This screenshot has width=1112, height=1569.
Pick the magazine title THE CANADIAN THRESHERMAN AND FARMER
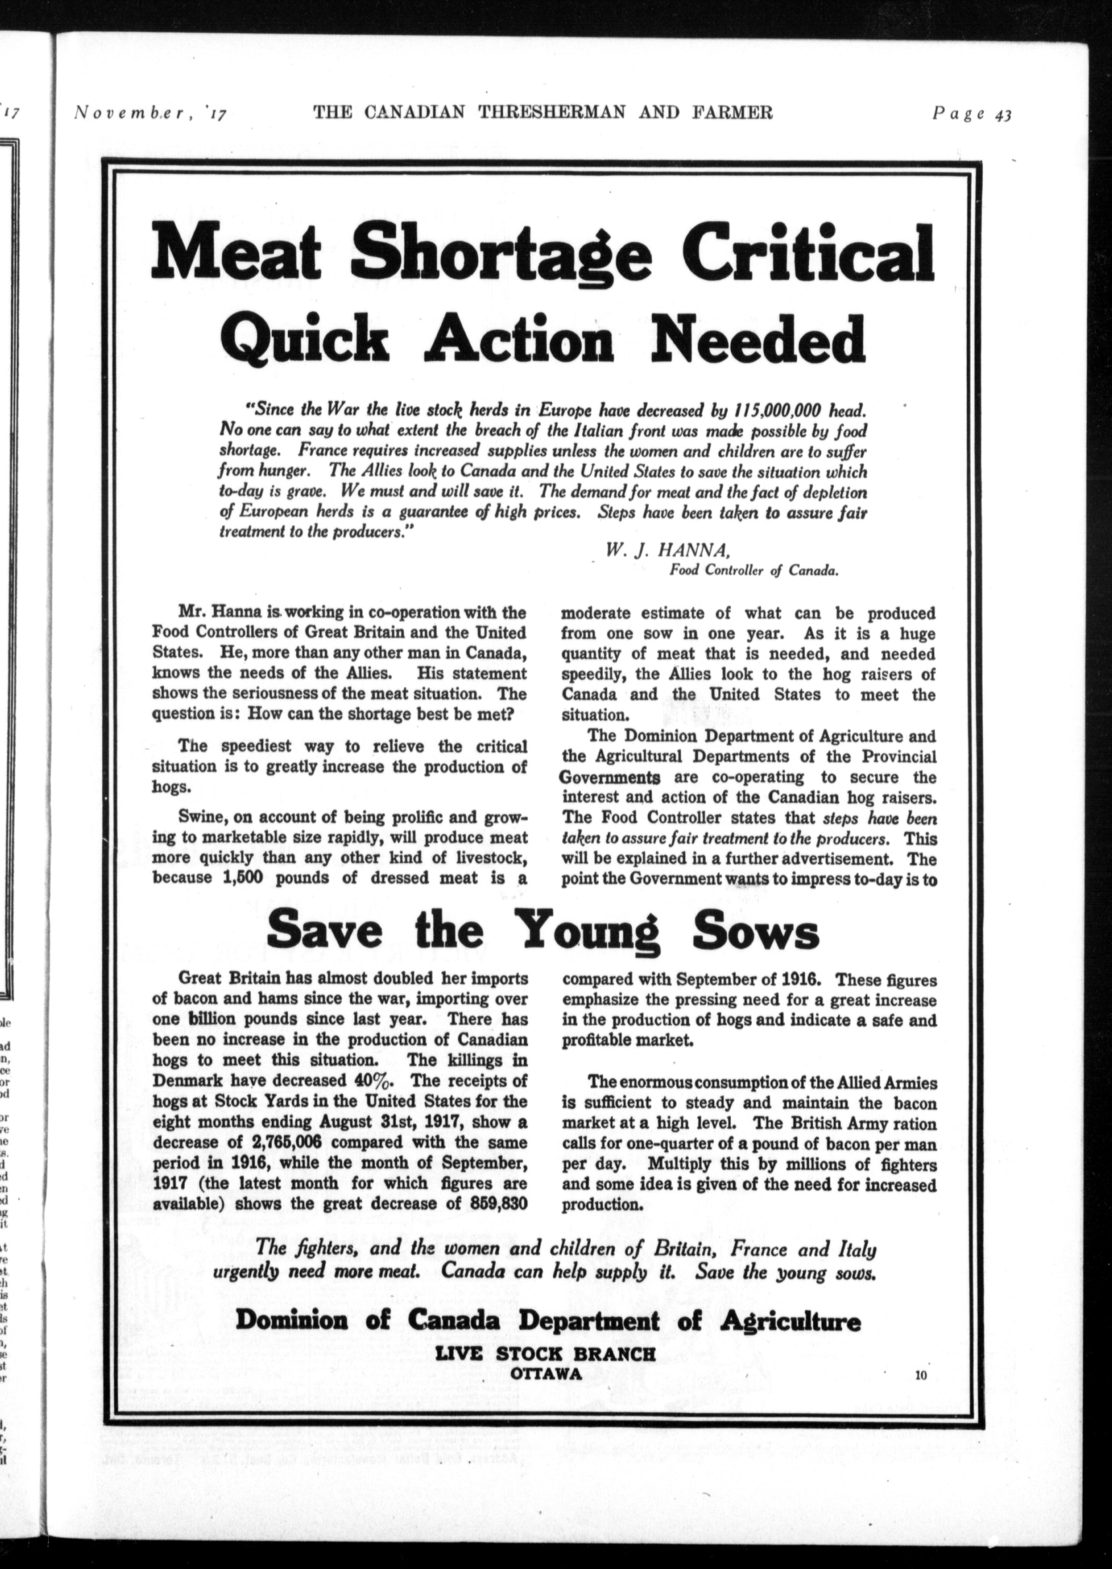(x=543, y=113)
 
